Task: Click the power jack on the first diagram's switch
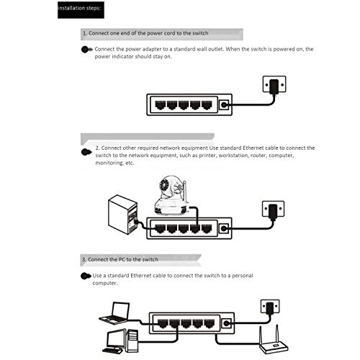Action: [x=224, y=104]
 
